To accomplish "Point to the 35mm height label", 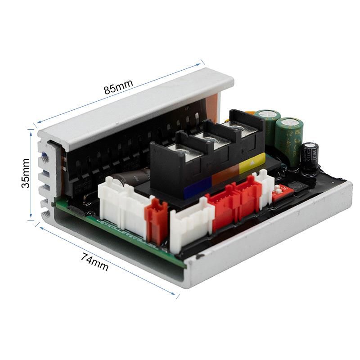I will click(x=26, y=173).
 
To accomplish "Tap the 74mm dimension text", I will click(x=95, y=262).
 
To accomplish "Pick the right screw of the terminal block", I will click(x=235, y=130).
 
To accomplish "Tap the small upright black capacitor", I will click(x=310, y=156).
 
